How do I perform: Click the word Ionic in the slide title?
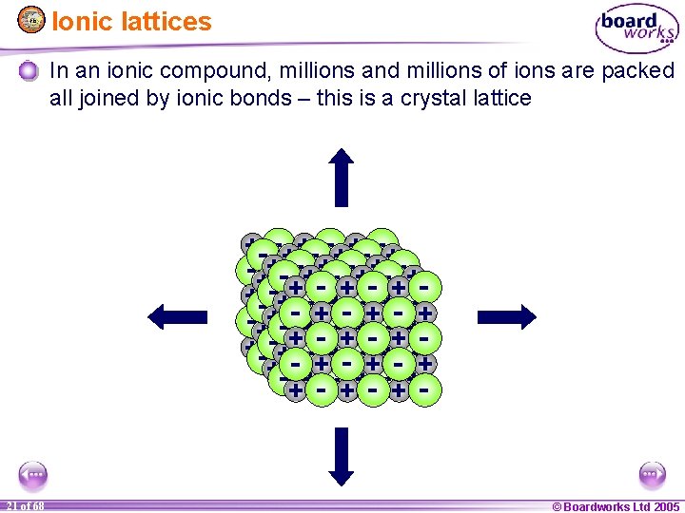76,21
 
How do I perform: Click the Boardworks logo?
636,29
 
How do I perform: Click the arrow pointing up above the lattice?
342,177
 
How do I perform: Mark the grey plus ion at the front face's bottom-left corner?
296,389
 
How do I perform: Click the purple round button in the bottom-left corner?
32,474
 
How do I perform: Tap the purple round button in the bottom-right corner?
652,474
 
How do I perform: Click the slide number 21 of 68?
25,505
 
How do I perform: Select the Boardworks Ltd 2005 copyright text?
616,505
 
